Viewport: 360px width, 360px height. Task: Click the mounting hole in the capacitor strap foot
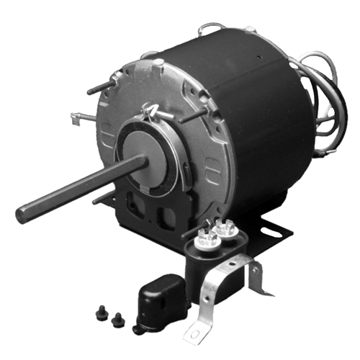(194, 333)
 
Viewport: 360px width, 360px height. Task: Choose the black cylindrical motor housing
(245, 122)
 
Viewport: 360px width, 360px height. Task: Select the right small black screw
(115, 314)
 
